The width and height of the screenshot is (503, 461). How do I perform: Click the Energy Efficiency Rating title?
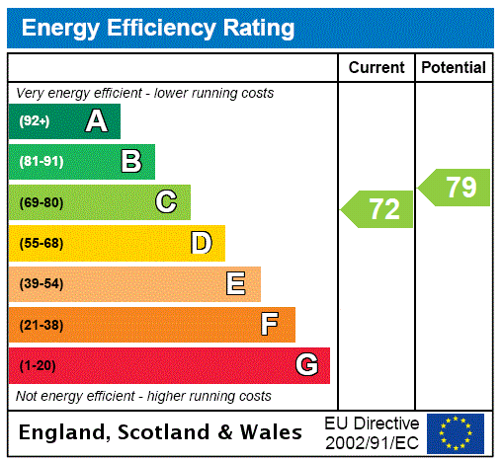click(x=158, y=29)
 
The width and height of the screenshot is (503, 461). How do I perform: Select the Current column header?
click(x=377, y=68)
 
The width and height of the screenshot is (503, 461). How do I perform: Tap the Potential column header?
click(x=454, y=68)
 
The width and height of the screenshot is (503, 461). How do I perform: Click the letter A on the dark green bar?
click(x=96, y=121)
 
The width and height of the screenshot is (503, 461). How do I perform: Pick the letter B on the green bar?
click(x=130, y=162)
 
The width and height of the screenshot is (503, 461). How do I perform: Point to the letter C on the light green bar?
click(x=166, y=202)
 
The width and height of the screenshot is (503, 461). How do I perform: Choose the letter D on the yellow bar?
click(x=201, y=243)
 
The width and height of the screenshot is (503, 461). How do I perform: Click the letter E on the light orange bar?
click(x=236, y=284)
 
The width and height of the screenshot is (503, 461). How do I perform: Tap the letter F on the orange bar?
click(x=270, y=325)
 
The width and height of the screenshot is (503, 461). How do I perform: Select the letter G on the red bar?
click(x=306, y=365)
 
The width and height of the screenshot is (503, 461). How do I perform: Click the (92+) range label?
click(x=35, y=121)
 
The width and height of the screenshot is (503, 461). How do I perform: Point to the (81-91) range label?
click(x=41, y=162)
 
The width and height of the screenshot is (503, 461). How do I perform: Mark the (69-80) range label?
click(x=41, y=202)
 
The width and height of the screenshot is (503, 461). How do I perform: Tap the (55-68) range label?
click(x=41, y=243)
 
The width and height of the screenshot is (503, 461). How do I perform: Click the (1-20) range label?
click(x=38, y=365)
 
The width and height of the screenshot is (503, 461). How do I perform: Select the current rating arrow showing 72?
click(x=378, y=209)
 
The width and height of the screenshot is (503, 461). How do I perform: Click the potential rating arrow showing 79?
click(x=456, y=188)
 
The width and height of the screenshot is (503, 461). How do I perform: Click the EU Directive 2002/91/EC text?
click(x=372, y=432)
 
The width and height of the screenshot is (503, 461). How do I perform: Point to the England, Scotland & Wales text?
click(x=161, y=432)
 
